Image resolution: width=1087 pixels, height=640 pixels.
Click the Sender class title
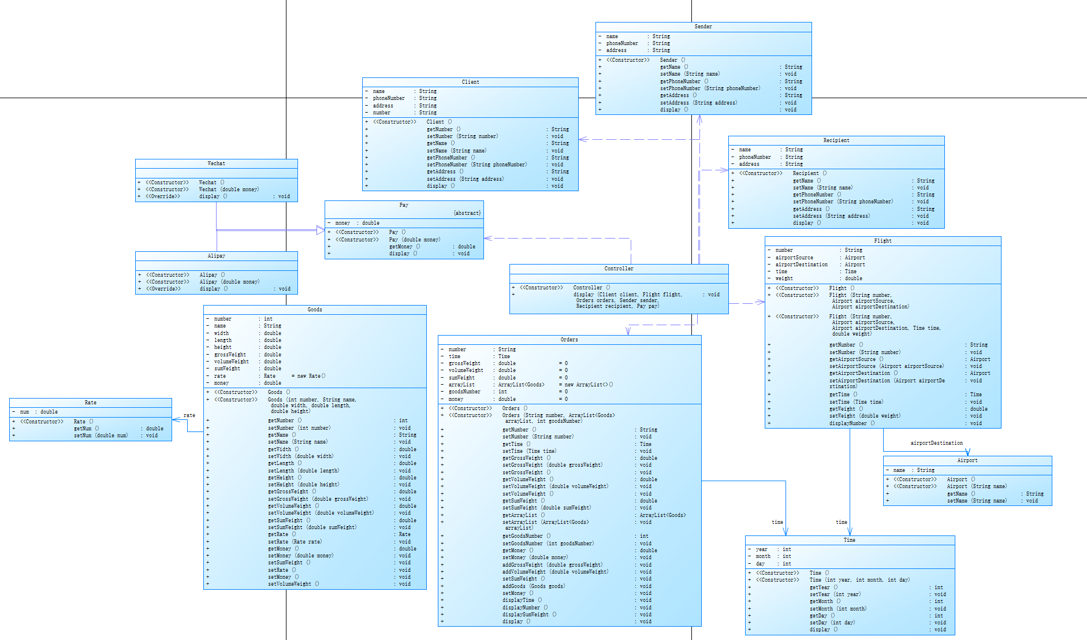pos(703,27)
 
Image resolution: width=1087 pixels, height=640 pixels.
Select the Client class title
pos(470,82)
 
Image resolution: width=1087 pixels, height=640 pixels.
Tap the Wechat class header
pos(216,163)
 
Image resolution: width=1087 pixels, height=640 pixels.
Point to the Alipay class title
pos(217,256)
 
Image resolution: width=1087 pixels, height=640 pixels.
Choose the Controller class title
pos(619,269)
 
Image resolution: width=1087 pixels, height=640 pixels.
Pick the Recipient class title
pos(836,140)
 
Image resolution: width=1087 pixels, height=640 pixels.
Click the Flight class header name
pos(883,241)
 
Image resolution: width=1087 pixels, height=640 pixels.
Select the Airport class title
pos(967,460)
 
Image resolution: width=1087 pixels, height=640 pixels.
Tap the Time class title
pos(849,540)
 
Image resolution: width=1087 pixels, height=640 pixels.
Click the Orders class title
pos(569,340)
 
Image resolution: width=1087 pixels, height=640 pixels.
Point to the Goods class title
pos(315,310)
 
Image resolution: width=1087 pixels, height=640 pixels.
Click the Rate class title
pos(91,403)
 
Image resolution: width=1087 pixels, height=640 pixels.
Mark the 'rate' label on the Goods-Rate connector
pos(189,415)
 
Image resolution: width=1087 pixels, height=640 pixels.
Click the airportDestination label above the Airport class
pos(936,443)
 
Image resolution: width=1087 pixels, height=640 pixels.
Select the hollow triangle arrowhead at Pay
pos(321,230)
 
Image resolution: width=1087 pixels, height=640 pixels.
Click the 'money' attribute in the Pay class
pos(343,223)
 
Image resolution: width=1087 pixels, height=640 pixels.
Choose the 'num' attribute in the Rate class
pos(24,412)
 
